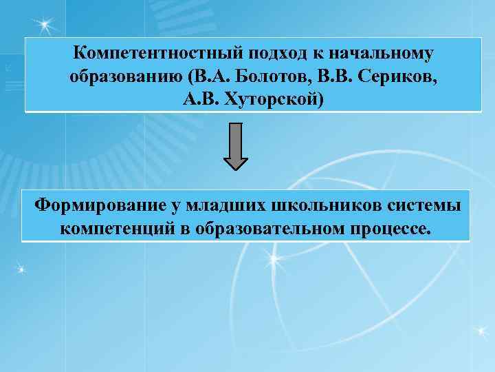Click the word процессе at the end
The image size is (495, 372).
397,228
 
